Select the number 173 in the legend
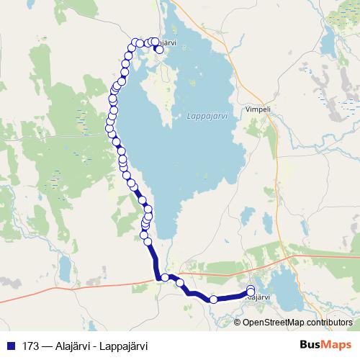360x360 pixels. (30, 346)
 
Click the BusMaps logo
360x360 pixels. (325, 345)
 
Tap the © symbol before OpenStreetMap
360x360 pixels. (238, 322)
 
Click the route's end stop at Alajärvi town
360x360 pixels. (251, 291)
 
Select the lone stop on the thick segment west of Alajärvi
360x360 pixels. (213, 299)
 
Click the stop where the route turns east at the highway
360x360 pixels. (165, 277)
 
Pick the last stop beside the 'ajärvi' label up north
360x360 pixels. (159, 50)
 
